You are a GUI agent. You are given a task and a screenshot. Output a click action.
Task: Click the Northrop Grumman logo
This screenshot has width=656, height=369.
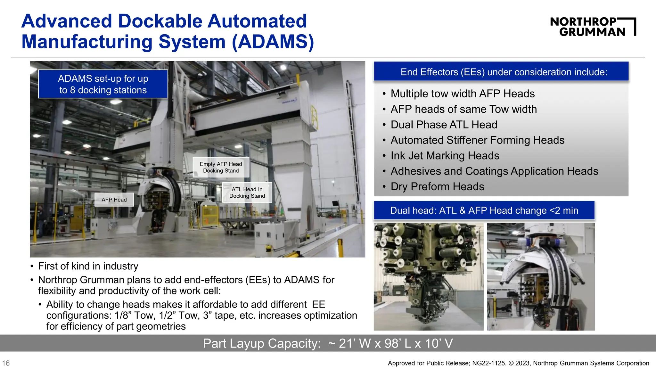[x=593, y=27]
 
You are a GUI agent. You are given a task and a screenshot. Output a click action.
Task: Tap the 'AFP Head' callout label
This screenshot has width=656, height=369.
[x=114, y=200]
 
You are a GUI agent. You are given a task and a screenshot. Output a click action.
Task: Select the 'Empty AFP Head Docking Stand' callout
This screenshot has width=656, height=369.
[x=221, y=167]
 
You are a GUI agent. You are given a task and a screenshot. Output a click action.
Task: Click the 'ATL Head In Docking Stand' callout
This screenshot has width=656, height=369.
[x=247, y=193]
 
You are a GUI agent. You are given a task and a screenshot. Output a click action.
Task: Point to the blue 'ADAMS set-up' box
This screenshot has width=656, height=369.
[x=103, y=84]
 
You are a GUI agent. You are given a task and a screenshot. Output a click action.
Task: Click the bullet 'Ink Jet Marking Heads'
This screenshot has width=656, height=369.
[x=445, y=156]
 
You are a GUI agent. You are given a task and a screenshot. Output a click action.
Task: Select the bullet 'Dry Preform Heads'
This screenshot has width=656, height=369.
[x=437, y=187]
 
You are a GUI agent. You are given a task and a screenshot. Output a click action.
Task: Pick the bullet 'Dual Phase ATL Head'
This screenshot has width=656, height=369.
[x=444, y=125]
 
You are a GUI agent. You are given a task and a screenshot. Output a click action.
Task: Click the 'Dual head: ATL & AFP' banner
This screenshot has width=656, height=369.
[x=484, y=210]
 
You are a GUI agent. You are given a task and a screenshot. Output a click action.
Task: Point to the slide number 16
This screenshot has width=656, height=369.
[x=6, y=363]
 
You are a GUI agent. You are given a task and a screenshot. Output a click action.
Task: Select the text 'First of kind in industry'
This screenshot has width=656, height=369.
[x=88, y=266]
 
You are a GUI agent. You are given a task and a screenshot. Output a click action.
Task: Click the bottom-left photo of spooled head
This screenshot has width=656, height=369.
[x=428, y=277]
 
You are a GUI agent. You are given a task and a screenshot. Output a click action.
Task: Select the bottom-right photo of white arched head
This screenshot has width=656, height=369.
[x=541, y=277]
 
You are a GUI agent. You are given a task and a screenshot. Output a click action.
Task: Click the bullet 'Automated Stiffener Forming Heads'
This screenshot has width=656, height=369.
[x=477, y=140]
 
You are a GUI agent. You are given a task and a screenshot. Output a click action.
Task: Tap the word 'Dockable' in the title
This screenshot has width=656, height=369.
[x=160, y=21]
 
